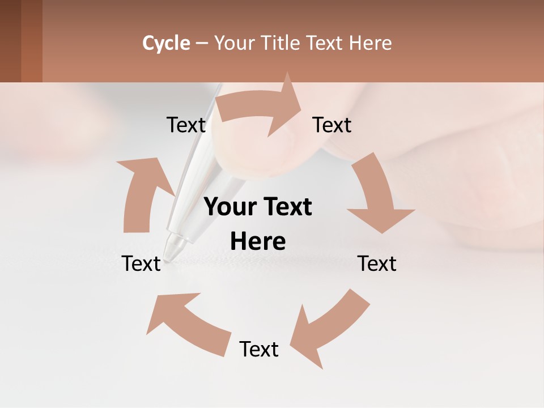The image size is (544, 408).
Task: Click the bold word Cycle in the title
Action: coord(166,43)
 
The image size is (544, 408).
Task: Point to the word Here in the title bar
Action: coord(370,43)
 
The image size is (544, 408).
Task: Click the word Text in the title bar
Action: coord(325,43)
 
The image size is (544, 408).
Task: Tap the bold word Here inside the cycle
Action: coord(258,241)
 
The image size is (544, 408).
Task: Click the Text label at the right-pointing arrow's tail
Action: coord(186,125)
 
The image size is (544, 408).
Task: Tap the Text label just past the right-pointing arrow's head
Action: coord(332,125)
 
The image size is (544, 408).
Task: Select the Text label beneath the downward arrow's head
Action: coord(377,263)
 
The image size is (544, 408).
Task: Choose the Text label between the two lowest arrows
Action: coord(259,349)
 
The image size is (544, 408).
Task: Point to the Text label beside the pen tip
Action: coord(141,263)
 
